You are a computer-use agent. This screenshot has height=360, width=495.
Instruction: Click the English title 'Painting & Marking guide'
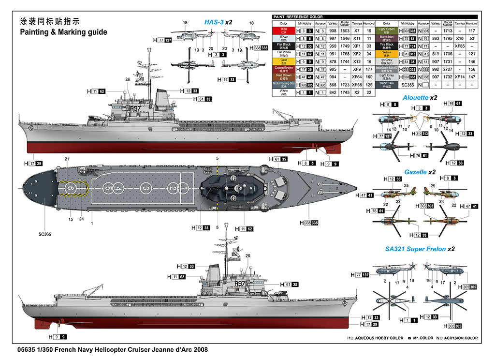(x=63, y=32)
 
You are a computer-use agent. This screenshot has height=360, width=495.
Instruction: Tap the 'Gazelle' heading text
(x=415, y=172)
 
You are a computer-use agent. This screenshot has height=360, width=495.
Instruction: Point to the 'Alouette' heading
(x=415, y=97)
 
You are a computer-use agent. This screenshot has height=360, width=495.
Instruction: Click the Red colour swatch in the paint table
(x=284, y=30)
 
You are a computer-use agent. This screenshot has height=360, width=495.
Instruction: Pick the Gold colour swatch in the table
(x=284, y=61)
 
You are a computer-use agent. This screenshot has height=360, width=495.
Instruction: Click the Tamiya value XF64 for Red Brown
(x=357, y=76)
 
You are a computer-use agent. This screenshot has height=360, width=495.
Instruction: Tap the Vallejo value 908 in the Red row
(x=333, y=30)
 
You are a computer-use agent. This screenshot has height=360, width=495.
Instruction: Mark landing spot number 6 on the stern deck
(x=71, y=187)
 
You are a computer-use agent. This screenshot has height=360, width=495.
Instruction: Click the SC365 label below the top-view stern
(x=44, y=234)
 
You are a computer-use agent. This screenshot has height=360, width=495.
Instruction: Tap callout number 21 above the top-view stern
(x=67, y=159)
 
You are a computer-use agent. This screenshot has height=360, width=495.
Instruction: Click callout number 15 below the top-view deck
(x=71, y=219)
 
